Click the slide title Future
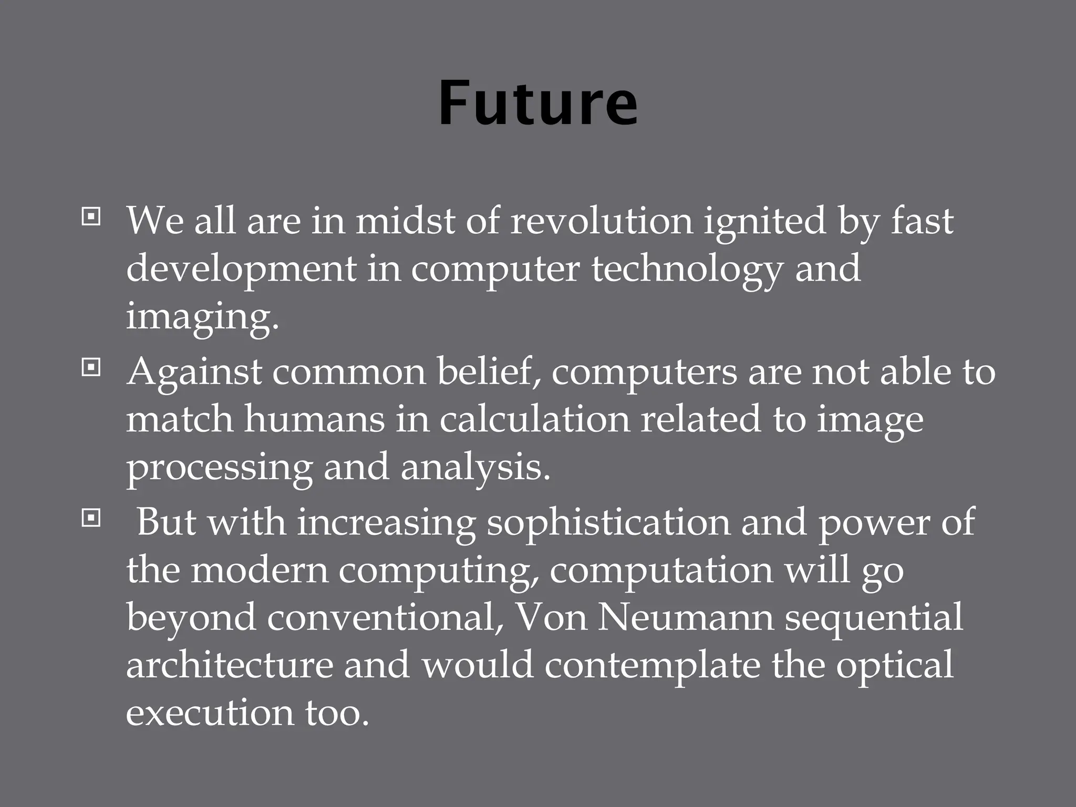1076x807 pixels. coord(538,103)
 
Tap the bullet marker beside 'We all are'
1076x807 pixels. coord(91,216)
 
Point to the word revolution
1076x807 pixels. coord(602,221)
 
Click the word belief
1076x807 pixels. coord(489,372)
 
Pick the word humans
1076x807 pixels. coord(314,419)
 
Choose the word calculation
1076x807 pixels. coord(534,419)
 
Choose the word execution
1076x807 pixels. coord(210,713)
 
